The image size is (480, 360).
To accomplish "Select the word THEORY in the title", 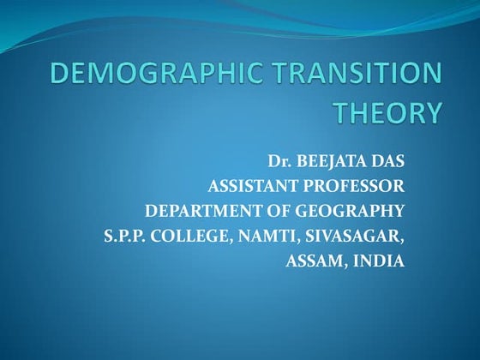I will pyautogui.click(x=388, y=112).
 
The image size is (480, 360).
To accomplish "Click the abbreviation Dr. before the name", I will pyautogui.click(x=282, y=160).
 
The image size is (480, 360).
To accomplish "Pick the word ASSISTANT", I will pyautogui.click(x=251, y=185).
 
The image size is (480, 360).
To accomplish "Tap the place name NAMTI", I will pyautogui.click(x=264, y=235).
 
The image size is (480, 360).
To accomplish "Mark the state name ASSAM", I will pyautogui.click(x=313, y=260).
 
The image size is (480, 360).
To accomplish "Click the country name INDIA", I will pyautogui.click(x=378, y=260).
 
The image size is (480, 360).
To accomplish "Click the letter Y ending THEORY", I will pyautogui.click(x=435, y=112).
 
